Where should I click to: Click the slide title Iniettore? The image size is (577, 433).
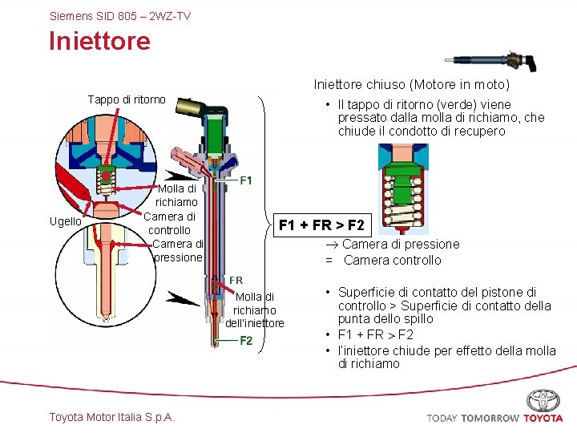(99, 40)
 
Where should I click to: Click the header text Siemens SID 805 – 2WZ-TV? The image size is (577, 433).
(120, 15)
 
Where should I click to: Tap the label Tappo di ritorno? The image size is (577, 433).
(127, 99)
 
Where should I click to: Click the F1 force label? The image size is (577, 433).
(248, 180)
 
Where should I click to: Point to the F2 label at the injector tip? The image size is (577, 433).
(247, 341)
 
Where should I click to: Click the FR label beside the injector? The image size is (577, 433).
(236, 280)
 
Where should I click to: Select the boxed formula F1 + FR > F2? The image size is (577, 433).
(321, 225)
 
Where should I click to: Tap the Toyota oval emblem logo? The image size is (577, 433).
(543, 400)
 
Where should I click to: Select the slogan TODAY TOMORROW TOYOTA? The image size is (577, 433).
(494, 418)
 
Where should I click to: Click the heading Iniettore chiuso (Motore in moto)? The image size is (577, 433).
(411, 84)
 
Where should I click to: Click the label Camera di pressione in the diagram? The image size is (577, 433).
(178, 250)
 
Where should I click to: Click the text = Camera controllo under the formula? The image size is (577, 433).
(383, 260)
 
